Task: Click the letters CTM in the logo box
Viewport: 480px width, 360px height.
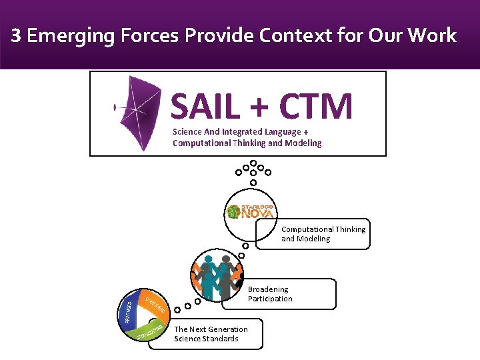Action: pos(316,107)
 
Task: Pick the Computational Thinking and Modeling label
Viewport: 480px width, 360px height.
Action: pos(323,234)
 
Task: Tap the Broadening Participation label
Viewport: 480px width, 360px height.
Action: pos(270,294)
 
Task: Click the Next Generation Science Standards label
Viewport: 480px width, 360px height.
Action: pos(211,334)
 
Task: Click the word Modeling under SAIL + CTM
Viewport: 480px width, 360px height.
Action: pos(301,143)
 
